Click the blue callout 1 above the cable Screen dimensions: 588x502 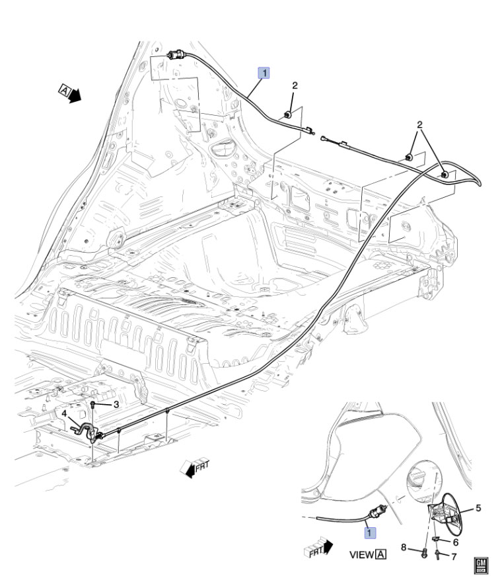tap(264, 73)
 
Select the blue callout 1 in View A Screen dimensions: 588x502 tap(370, 530)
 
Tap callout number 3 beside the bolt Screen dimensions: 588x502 tap(115, 404)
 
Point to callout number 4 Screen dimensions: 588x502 tap(65, 413)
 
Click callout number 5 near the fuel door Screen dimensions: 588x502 tap(478, 509)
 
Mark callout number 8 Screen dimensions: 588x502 tap(403, 548)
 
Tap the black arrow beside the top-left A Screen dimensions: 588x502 tap(77, 97)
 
